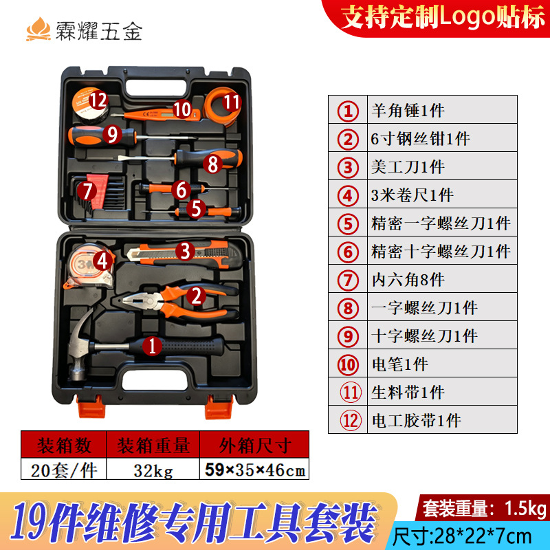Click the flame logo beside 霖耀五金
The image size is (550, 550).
point(38,29)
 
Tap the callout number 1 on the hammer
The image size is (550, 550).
point(152,346)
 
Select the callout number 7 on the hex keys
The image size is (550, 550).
point(87,191)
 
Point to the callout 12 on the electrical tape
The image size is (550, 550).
point(98,100)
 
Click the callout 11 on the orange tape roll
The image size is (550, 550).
point(232,102)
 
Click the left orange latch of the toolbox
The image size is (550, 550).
point(91,406)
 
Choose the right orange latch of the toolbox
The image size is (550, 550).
point(219,407)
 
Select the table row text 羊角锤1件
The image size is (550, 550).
point(408,111)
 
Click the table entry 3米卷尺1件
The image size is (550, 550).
point(412,195)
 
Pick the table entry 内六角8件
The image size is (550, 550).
point(408,280)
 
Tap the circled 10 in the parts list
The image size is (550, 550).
point(348,365)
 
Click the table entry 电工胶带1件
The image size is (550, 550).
point(416,421)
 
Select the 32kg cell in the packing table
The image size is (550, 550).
point(153,470)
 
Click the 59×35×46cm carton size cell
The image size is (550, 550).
point(255,470)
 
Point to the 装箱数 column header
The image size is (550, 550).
point(64,445)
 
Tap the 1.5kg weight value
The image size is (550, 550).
point(525,508)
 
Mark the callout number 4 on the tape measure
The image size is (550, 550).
point(102,261)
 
